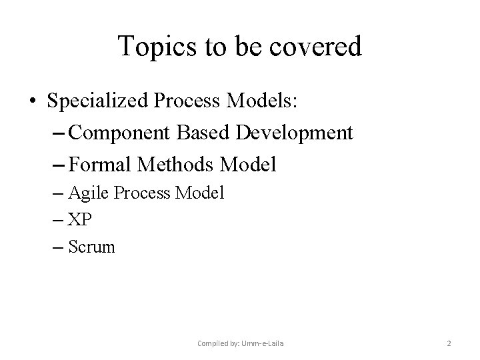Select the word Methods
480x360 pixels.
pos(175,163)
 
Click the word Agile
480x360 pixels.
pos(89,193)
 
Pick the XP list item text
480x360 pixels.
pos(79,220)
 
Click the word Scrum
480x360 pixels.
pos(91,247)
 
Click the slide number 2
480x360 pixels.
pos(449,343)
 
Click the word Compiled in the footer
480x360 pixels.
pos(213,343)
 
